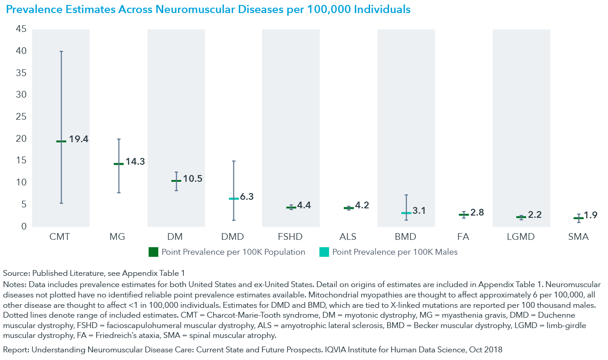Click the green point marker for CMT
pyautogui.click(x=61, y=141)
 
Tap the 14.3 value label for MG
pyautogui.click(x=135, y=162)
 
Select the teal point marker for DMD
pyautogui.click(x=234, y=198)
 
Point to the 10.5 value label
pyautogui.click(x=192, y=179)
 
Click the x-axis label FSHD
pyautogui.click(x=291, y=237)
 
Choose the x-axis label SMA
pyautogui.click(x=578, y=237)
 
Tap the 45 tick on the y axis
pyautogui.click(x=21, y=30)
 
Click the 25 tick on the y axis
pyautogui.click(x=21, y=117)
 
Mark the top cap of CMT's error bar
pyautogui.click(x=61, y=51)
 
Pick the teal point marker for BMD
pyautogui.click(x=406, y=213)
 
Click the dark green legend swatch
pyautogui.click(x=153, y=252)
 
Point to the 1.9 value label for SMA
pyautogui.click(x=590, y=216)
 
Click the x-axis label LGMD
pyautogui.click(x=521, y=237)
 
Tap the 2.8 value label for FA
pyautogui.click(x=477, y=212)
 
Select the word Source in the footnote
pyautogui.click(x=14, y=273)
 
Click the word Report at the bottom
pyautogui.click(x=14, y=350)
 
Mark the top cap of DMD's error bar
pyautogui.click(x=234, y=161)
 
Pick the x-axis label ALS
pyautogui.click(x=349, y=237)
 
